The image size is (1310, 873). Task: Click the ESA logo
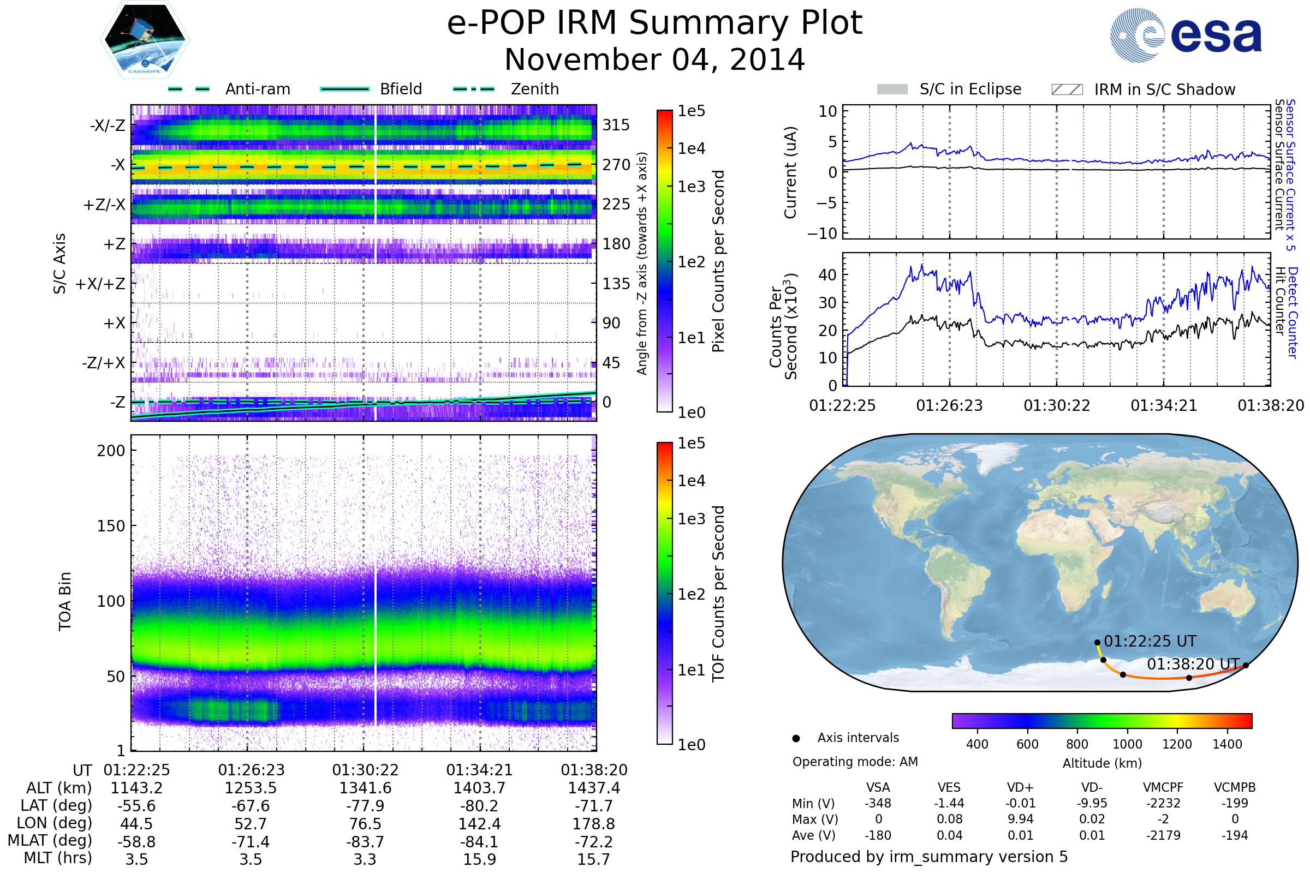coord(1186,35)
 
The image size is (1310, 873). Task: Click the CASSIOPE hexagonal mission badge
coord(145,39)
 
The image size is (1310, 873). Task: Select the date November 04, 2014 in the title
coord(654,59)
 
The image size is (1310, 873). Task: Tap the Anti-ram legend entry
coord(229,89)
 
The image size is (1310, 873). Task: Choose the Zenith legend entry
coord(506,89)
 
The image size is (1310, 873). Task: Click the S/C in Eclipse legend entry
coord(949,89)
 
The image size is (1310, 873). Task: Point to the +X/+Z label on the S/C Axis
coord(100,284)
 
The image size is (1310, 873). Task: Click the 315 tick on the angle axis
coord(616,125)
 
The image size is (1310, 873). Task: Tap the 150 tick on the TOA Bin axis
coord(111,526)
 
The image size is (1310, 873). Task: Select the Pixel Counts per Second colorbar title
coord(718,261)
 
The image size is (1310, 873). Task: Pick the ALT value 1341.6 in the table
coord(365,788)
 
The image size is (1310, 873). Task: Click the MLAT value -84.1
coord(480,842)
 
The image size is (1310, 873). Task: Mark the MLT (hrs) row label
coord(58,858)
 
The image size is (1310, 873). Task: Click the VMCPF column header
coord(1163,787)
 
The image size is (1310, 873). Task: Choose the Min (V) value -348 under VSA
coord(878,803)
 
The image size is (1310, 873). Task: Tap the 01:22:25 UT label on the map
coord(1150,642)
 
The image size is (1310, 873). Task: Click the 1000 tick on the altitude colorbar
coord(1127,744)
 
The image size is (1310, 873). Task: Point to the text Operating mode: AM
coord(855,762)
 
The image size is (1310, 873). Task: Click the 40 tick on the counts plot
coord(827,275)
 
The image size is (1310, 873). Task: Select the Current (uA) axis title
coord(790,172)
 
